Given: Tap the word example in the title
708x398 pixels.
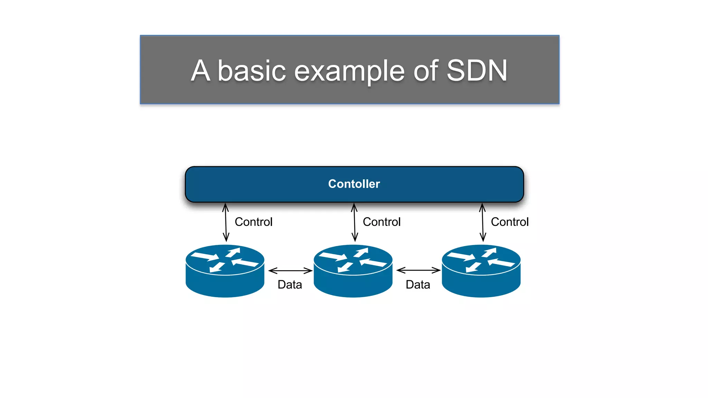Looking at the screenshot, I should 349,71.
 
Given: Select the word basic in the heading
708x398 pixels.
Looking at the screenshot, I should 252,70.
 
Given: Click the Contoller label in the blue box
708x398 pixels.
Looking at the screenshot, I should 354,184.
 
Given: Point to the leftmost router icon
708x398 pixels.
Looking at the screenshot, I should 225,271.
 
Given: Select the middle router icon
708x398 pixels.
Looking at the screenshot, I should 353,271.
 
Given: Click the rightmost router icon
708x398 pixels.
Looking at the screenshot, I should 481,271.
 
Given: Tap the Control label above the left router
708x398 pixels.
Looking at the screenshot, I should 253,222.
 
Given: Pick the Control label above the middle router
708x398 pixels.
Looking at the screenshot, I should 382,222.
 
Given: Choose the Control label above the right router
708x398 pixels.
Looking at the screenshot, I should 510,222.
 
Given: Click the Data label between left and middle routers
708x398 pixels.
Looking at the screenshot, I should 290,285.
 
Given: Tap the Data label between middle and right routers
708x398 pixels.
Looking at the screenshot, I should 418,285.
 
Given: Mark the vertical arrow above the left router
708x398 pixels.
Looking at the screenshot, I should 226,222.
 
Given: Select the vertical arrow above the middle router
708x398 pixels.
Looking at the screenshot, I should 354,222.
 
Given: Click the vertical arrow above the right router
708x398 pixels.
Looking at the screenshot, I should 483,222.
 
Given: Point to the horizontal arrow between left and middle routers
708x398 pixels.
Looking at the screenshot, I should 290,271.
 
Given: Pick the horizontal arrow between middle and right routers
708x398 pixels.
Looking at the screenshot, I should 418,270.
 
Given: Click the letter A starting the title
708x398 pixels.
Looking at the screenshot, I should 201,70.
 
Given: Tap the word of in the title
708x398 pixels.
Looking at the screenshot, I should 426,70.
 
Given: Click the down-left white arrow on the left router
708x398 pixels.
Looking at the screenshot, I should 217,267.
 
